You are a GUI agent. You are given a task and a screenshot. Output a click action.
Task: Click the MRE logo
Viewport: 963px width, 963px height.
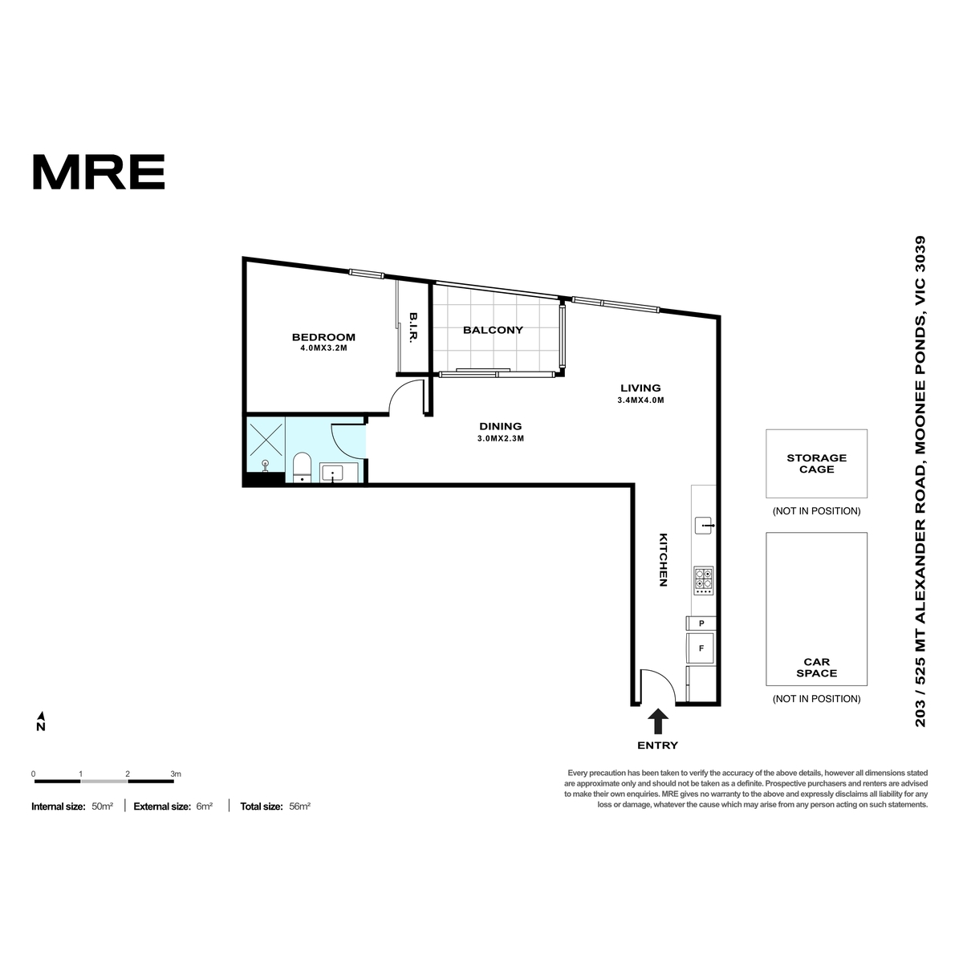(99, 172)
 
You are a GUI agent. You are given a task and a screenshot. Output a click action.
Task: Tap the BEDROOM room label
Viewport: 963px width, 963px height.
(323, 337)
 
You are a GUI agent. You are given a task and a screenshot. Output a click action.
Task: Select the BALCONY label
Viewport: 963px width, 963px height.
(493, 330)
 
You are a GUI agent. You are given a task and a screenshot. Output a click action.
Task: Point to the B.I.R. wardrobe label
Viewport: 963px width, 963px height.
(413, 328)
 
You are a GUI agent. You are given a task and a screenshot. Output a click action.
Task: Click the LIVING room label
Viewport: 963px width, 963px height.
(640, 388)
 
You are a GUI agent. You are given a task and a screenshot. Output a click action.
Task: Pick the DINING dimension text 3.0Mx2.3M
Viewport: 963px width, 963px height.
(500, 439)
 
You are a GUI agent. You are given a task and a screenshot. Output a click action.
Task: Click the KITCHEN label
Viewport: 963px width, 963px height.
(663, 559)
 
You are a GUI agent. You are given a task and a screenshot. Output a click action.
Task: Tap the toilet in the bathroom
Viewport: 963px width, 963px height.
(302, 467)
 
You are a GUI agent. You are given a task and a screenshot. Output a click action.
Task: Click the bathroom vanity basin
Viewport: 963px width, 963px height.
(331, 472)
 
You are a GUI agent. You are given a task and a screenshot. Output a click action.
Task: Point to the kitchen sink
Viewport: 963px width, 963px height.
(704, 525)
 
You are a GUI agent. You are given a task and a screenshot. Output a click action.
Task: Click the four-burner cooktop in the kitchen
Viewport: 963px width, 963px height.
(703, 580)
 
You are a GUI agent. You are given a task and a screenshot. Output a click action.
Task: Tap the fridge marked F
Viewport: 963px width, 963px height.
(701, 648)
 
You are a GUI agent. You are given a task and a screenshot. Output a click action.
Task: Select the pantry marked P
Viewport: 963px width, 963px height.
(701, 624)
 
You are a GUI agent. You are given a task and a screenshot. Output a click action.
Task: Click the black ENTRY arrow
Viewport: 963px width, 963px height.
(658, 721)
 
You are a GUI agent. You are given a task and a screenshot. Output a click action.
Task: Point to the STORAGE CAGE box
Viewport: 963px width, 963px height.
(816, 463)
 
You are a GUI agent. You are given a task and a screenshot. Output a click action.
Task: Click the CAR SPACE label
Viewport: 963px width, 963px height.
(816, 667)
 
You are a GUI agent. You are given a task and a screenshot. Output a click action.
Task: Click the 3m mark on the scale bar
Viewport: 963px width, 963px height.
(176, 774)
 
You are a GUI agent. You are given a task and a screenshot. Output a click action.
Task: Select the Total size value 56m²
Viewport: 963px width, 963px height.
(299, 806)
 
